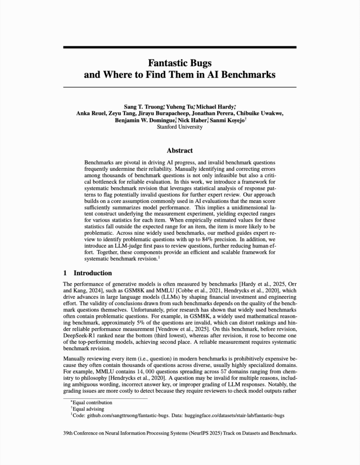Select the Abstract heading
coord(180,150)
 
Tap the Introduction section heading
coord(92,273)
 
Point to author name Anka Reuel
coord(91,114)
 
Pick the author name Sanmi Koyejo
coord(230,120)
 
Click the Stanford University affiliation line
coord(180,127)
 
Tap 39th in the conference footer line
coord(69,433)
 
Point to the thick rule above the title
coord(180,47)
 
